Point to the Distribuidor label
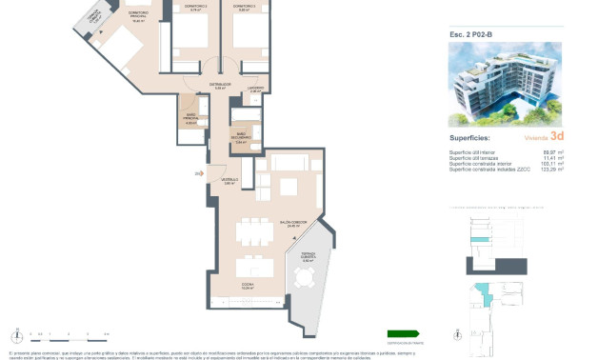click(x=220, y=86)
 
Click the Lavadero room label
click(x=256, y=89)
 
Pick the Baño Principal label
click(x=190, y=119)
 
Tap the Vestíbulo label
click(x=229, y=180)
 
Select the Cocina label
click(x=246, y=284)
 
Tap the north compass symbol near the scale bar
click(x=16, y=334)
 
